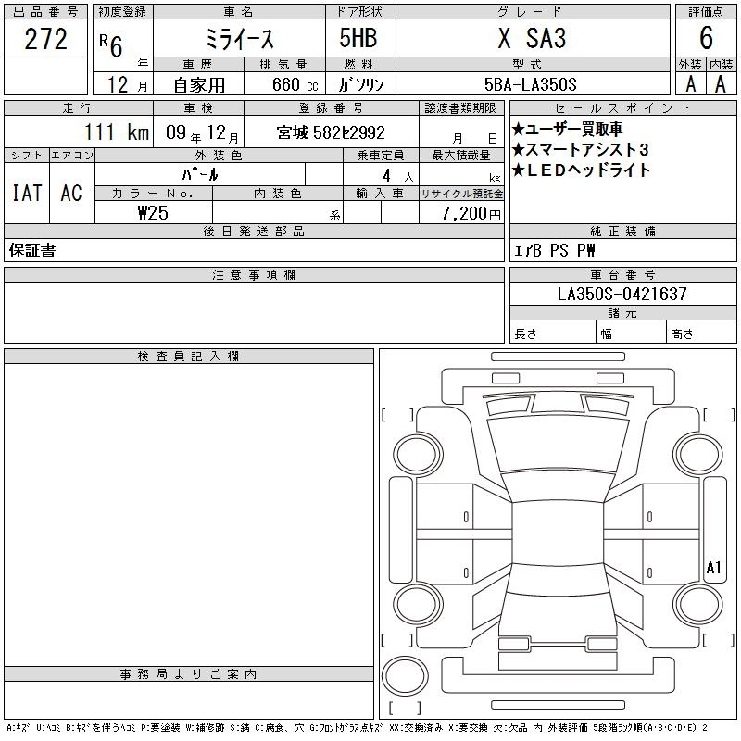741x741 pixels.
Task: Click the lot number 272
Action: (x=45, y=39)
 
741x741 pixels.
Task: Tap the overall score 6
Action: (x=706, y=38)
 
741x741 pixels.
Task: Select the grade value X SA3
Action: (x=532, y=38)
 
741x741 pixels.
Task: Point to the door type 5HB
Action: (x=358, y=38)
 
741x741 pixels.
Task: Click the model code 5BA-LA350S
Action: (x=530, y=84)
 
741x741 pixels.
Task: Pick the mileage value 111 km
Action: (x=117, y=132)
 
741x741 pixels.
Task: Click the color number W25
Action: (x=153, y=213)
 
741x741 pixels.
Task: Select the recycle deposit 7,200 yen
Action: (x=471, y=214)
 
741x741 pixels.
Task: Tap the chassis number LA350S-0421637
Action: (x=622, y=294)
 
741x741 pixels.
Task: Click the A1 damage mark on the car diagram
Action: (x=713, y=567)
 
